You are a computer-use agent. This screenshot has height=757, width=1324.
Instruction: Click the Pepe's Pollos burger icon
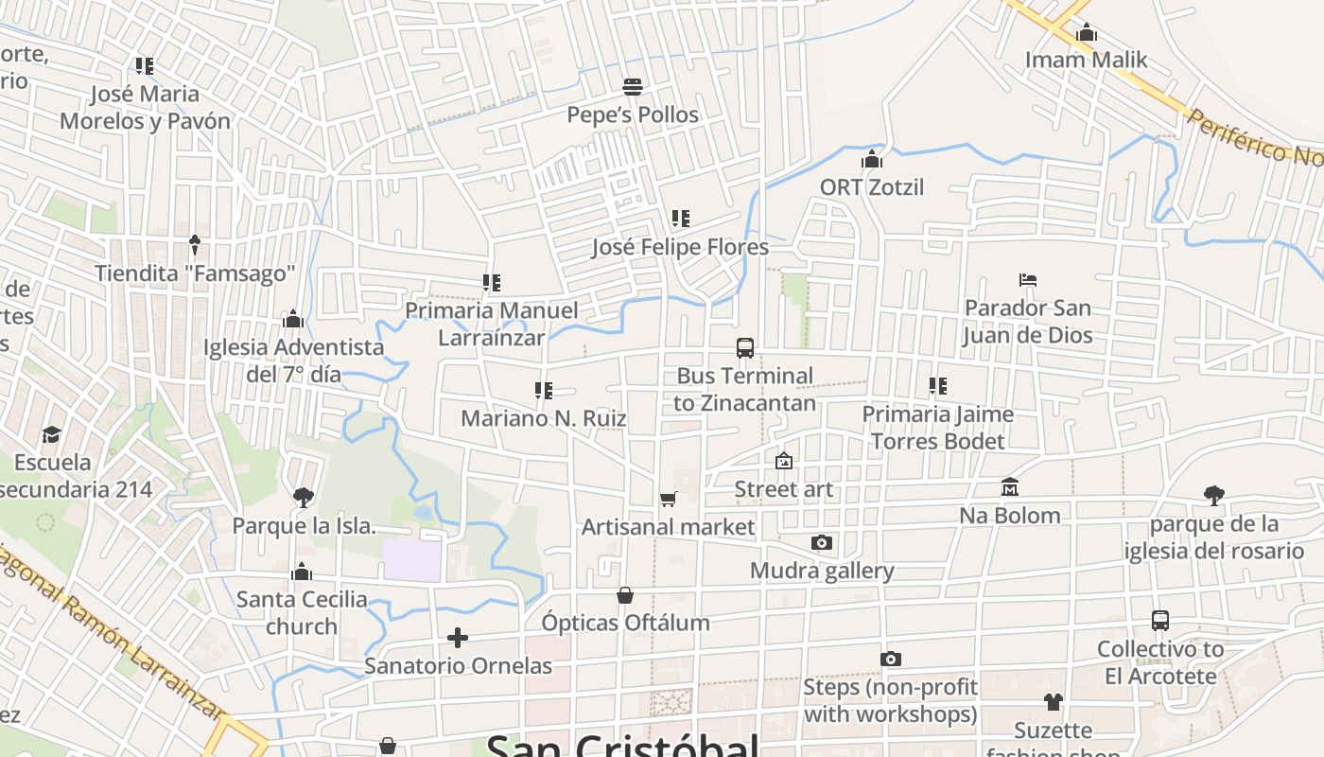coord(633,88)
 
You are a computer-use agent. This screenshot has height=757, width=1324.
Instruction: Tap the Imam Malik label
coord(1087,60)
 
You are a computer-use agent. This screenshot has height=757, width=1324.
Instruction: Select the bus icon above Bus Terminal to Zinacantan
coord(745,348)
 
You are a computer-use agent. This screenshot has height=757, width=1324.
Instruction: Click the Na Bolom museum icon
coord(1010,487)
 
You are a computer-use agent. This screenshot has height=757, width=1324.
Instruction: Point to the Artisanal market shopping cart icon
coord(669,499)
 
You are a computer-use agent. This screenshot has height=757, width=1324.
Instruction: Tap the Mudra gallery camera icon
coord(822,543)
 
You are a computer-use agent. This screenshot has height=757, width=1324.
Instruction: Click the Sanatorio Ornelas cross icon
coord(458,638)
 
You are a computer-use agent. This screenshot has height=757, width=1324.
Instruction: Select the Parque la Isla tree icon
coord(304,497)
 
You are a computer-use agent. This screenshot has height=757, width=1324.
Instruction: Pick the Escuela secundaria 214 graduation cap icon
coord(51,434)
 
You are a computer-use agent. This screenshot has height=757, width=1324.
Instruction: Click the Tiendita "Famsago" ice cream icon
coord(195,245)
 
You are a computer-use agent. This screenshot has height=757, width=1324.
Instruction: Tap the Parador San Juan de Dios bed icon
coord(1028,280)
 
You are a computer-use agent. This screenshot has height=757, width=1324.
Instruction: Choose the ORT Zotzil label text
coord(872,187)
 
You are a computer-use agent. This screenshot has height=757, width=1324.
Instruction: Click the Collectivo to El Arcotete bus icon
coord(1160,621)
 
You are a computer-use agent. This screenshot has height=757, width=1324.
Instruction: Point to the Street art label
coord(784,489)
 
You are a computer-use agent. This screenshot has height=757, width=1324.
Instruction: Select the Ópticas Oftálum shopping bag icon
coord(625,595)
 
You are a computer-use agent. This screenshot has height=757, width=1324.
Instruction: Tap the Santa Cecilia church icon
coord(303,572)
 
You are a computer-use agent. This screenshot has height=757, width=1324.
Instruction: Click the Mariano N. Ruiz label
coord(544,418)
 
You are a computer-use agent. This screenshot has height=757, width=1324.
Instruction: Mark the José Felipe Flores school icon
coord(680,219)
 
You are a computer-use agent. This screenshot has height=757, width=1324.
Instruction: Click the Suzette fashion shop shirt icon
coord(1054,702)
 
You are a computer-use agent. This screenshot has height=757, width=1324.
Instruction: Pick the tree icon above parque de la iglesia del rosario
coord(1214,495)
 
